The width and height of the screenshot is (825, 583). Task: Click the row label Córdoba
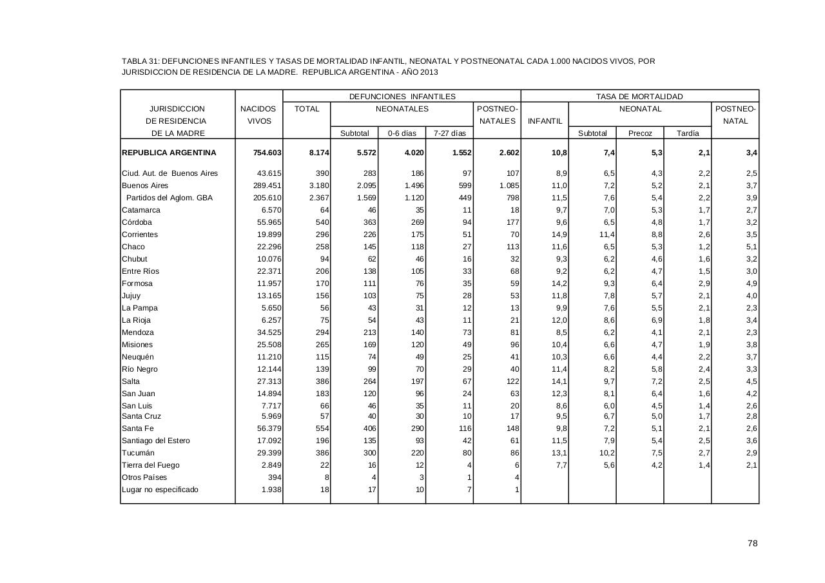pos(137,222)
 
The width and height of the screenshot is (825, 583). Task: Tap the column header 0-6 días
pos(402,133)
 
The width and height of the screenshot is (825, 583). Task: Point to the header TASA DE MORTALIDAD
pos(639,97)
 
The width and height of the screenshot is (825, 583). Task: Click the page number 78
pos(752,544)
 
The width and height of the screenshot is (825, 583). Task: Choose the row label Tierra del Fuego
pos(150,465)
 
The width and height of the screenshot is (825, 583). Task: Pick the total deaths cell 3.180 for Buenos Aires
pos(318,186)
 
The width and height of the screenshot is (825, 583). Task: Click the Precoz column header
pos(640,133)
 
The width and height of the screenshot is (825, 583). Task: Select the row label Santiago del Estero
pos(155,441)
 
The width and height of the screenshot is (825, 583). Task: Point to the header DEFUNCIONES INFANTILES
pos(402,97)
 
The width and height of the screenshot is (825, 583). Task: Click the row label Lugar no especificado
pos(160,490)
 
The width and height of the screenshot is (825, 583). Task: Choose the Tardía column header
pos(688,133)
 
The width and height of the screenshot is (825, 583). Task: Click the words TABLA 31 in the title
pos(139,61)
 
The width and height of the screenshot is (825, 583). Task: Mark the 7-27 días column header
pos(449,133)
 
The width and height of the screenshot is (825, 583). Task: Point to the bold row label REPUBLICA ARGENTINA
pos(169,153)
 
